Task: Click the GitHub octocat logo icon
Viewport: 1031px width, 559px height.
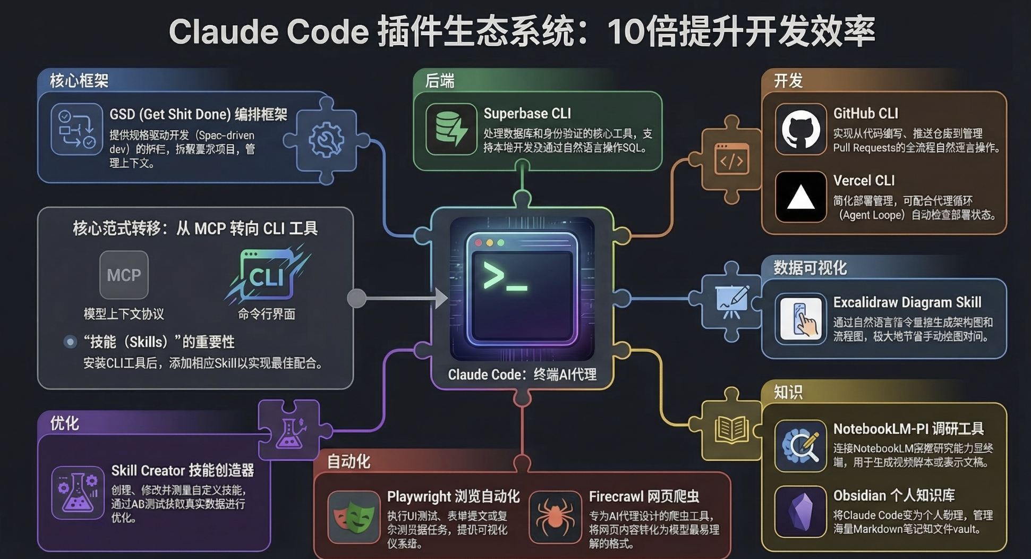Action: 800,130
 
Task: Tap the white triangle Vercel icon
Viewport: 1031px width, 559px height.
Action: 800,197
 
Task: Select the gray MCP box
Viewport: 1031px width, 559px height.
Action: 124,275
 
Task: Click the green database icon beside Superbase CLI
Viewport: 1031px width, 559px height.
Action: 451,129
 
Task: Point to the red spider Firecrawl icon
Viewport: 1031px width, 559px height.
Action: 555,517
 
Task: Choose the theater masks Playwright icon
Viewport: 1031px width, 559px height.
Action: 354,517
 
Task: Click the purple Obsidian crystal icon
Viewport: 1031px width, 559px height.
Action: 800,512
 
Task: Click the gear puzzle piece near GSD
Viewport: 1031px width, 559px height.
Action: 326,140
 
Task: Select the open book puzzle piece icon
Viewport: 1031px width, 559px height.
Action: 731,429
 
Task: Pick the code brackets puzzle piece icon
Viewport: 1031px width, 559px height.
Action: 732,160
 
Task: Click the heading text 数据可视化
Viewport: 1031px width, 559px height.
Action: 810,268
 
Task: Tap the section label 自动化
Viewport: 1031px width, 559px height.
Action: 348,461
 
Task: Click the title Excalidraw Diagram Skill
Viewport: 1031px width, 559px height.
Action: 907,302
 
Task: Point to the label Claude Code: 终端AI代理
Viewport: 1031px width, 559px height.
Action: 522,375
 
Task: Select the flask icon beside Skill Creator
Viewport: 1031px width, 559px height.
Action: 78,493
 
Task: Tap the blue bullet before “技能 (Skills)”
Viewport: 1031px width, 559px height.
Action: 70,342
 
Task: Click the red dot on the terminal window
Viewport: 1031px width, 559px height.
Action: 479,243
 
